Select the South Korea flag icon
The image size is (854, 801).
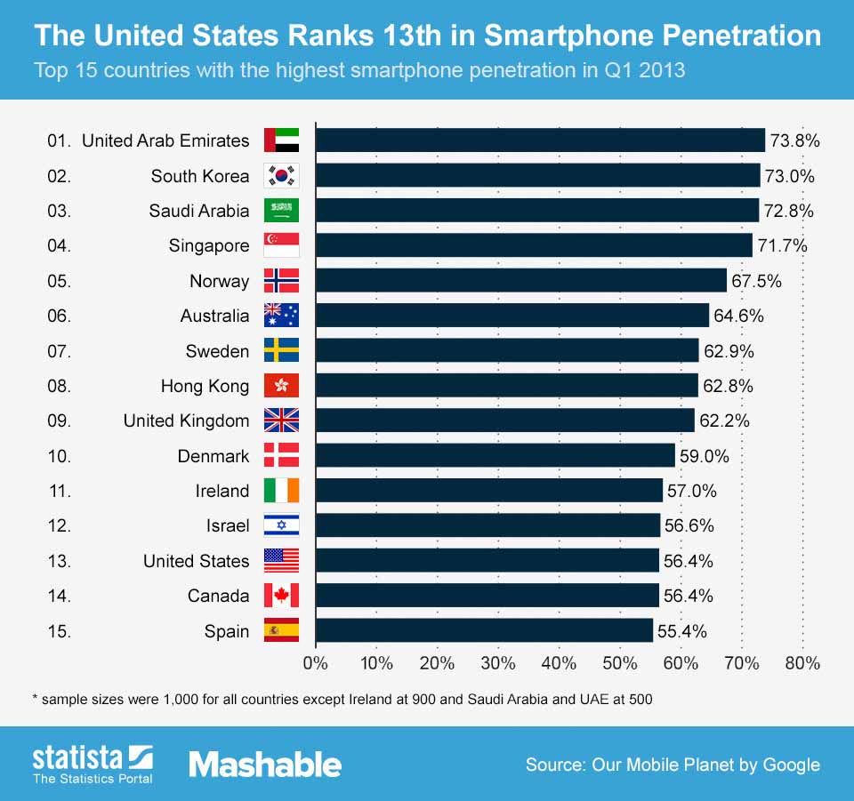click(x=282, y=176)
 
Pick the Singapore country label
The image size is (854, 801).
click(x=209, y=246)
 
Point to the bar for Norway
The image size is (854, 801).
click(x=520, y=281)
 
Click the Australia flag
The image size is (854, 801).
click(x=282, y=316)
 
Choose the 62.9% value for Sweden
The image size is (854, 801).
click(x=729, y=351)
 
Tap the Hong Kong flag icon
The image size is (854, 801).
click(x=282, y=386)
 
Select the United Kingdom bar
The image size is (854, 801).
click(x=504, y=421)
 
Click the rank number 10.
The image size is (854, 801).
click(x=59, y=456)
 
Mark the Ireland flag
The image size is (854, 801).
click(x=282, y=491)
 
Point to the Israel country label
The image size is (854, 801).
click(x=228, y=526)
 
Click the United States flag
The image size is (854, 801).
click(x=282, y=561)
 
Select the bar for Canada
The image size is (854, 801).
click(x=487, y=596)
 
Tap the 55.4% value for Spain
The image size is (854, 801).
click(x=681, y=631)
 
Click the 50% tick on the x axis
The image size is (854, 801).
click(x=620, y=663)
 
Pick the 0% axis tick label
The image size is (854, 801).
click(x=316, y=663)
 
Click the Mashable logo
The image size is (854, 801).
click(x=265, y=765)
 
